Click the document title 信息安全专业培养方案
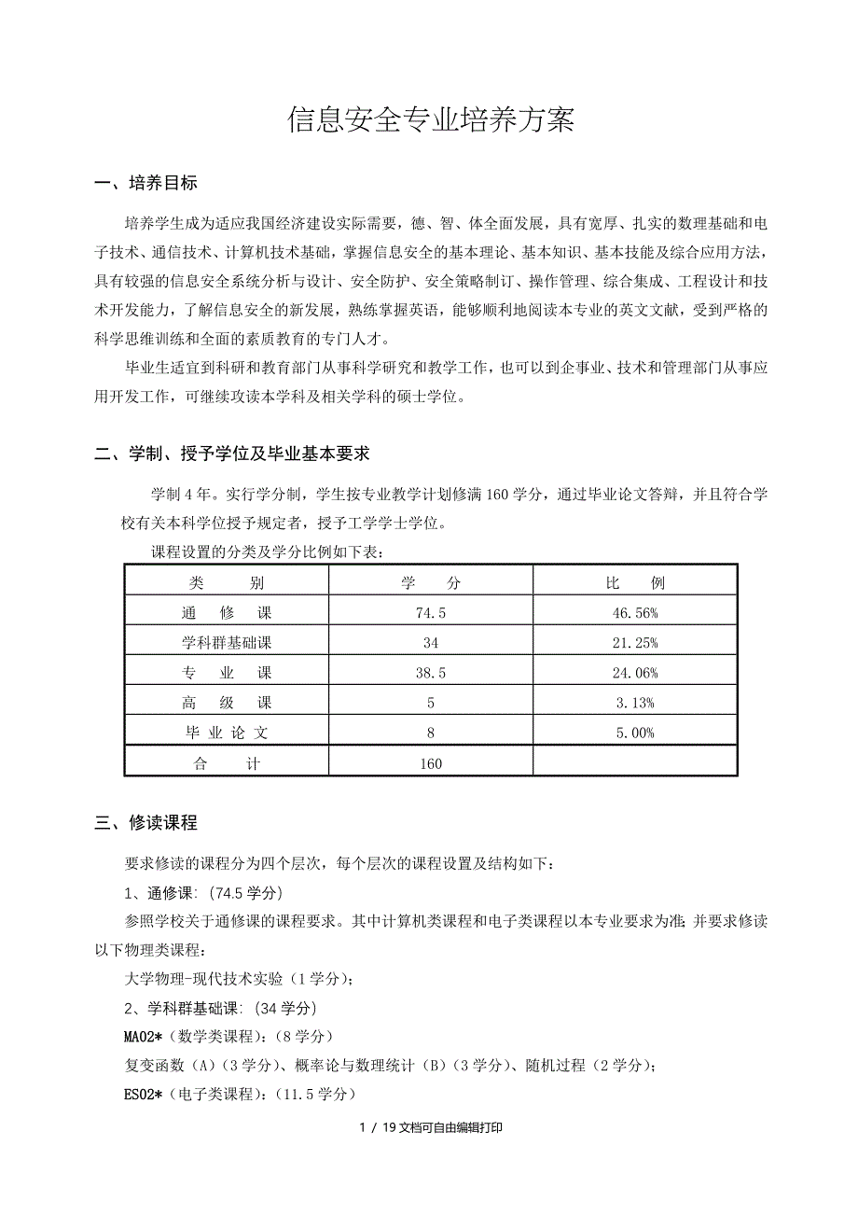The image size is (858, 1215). (430, 120)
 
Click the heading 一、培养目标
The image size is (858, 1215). (146, 183)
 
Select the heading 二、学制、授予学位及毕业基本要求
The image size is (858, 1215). (233, 454)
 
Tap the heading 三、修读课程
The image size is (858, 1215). (146, 822)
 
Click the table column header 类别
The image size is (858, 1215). (226, 583)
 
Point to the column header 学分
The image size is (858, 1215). (430, 583)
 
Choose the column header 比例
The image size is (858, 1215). (635, 583)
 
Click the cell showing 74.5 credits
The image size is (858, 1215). (430, 613)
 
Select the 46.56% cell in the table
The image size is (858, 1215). (635, 613)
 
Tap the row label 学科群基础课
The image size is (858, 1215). (226, 643)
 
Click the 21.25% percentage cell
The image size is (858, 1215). (635, 643)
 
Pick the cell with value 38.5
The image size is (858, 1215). (430, 673)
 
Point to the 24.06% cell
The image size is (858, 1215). (635, 673)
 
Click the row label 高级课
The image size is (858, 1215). (226, 703)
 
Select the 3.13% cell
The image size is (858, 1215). (635, 703)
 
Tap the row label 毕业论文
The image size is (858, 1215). (226, 733)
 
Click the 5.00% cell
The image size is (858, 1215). (635, 733)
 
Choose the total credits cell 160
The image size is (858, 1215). (430, 763)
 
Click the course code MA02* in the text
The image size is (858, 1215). (144, 1037)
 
